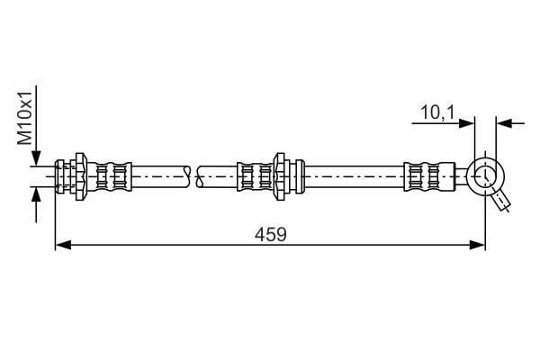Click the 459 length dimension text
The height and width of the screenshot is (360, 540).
point(270,235)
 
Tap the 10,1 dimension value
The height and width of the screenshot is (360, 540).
point(437,112)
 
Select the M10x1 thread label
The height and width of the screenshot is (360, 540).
point(25,118)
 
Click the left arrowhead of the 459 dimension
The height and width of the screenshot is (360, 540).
point(63,245)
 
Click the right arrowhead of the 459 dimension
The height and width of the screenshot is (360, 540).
point(477,245)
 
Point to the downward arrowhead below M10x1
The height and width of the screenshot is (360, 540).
point(36,158)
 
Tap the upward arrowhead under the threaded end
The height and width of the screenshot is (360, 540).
point(36,194)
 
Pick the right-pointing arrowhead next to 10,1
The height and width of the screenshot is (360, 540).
point(467,123)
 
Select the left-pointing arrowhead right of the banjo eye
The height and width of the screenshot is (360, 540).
point(504,123)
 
